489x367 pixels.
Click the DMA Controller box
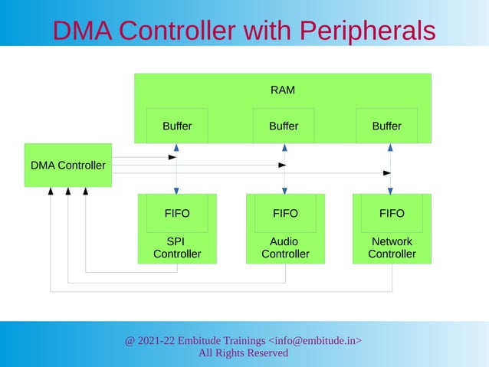[68, 165]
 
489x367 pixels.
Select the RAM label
[283, 90]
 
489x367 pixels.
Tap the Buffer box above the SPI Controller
[177, 126]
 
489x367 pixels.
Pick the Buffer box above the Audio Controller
[284, 126]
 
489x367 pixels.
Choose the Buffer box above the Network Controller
[386, 126]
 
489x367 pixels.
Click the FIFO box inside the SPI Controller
[177, 213]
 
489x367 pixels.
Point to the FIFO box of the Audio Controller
[285, 213]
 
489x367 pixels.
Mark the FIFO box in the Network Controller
[392, 213]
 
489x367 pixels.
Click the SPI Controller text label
[177, 247]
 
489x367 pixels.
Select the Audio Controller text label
[285, 247]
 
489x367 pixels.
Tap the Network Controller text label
[392, 247]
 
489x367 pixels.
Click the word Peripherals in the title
[366, 31]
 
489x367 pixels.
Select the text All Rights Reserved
[243, 353]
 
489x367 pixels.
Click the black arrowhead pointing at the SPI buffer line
[172, 158]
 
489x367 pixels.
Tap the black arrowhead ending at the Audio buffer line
[281, 165]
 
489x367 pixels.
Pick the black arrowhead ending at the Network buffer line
[387, 173]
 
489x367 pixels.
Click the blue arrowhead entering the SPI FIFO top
[177, 190]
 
